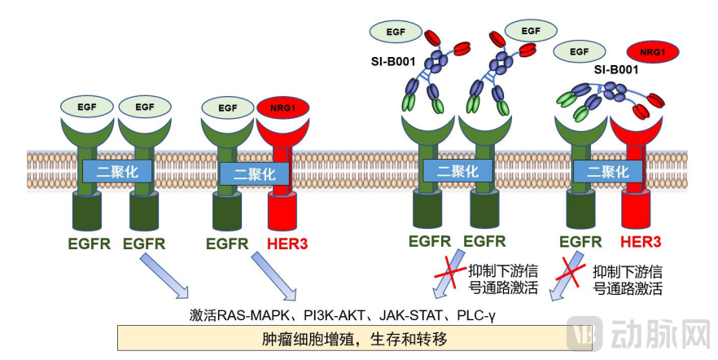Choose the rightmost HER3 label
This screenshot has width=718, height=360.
(x=640, y=241)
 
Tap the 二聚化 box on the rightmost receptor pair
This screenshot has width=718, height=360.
(x=602, y=172)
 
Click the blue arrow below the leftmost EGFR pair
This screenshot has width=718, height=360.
(x=163, y=274)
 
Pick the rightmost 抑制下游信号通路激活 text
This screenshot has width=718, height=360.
(x=626, y=279)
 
